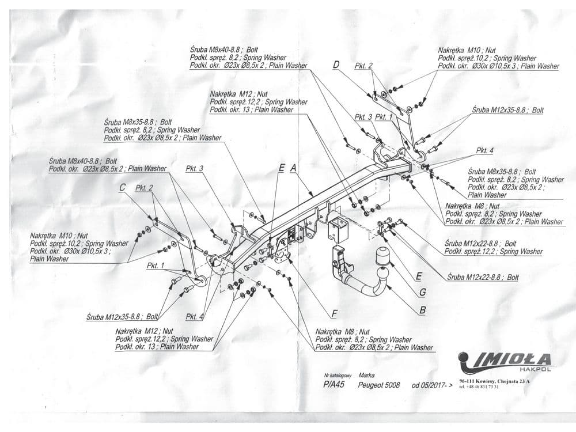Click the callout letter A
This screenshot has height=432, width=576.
[x=293, y=168]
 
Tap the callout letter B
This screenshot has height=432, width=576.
[x=423, y=309]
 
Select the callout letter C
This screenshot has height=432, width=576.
[x=122, y=187]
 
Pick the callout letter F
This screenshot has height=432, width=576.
[x=334, y=313]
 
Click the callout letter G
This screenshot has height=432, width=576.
[x=423, y=292]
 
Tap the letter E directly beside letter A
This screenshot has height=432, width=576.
[x=281, y=168]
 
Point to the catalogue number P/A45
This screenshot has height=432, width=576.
[x=334, y=385]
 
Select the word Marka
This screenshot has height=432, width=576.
[x=366, y=374]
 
